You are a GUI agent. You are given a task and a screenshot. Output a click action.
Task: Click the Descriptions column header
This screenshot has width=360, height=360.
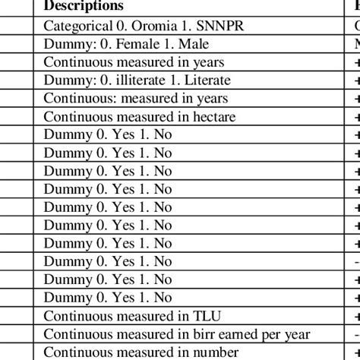pos(84,6)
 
